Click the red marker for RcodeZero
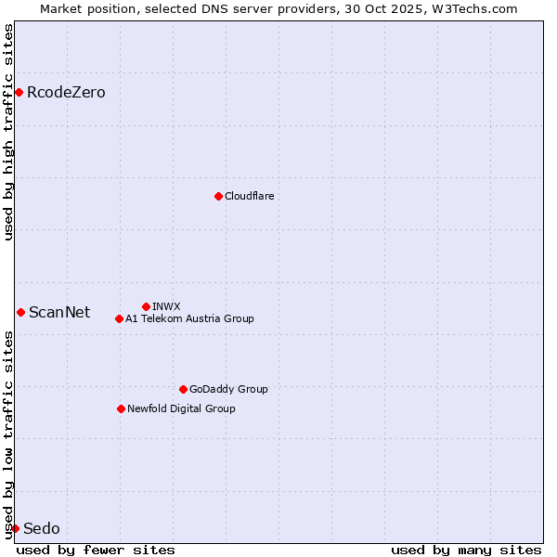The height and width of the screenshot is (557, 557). [x=19, y=92]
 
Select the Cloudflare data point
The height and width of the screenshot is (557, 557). [x=218, y=196]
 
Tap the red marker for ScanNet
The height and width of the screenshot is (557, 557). [x=20, y=312]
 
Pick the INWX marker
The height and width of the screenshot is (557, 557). [x=146, y=306]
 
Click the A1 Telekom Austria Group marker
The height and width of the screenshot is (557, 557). [x=119, y=318]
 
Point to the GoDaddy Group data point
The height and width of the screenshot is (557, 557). [x=183, y=389]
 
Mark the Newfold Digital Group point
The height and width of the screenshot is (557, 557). [x=121, y=408]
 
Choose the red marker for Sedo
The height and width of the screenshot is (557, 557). [x=15, y=528]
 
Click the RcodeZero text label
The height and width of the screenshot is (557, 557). [x=66, y=93]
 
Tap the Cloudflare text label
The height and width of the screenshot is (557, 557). [x=249, y=196]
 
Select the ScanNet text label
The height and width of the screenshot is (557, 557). [x=59, y=313]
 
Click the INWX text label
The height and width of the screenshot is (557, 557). [x=166, y=306]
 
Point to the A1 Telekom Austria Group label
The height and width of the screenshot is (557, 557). [x=189, y=318]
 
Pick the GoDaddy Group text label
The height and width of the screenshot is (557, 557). [x=228, y=389]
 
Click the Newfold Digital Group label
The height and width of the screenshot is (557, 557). [x=181, y=408]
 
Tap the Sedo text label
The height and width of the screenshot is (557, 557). [x=42, y=529]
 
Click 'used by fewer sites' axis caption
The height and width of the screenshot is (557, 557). [x=96, y=550]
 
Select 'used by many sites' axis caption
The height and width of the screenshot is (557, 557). [x=466, y=550]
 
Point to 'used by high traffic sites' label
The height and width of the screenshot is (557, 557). [x=8, y=132]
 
